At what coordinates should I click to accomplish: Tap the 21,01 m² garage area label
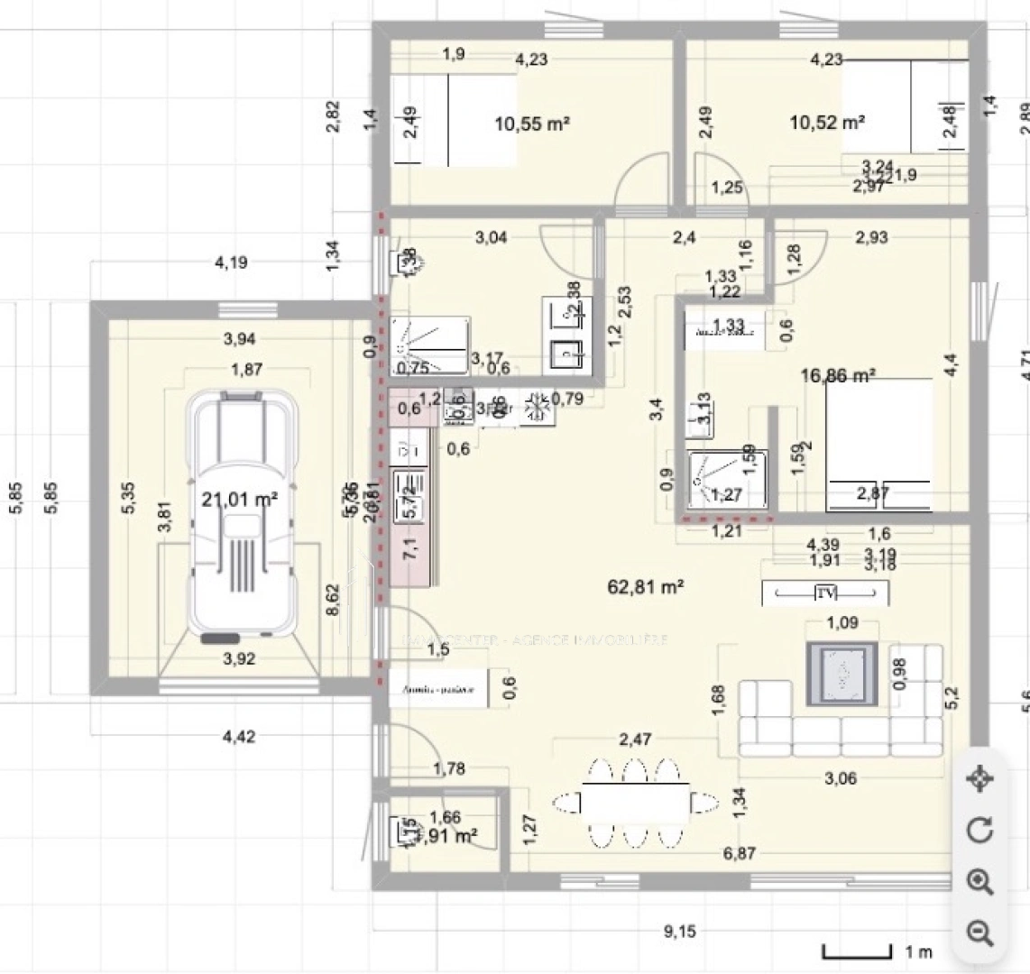pyautogui.click(x=239, y=500)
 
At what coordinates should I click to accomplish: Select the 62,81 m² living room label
pyautogui.click(x=646, y=588)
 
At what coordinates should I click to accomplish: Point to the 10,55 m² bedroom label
pyautogui.click(x=532, y=124)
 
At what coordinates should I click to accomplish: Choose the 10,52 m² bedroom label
pyautogui.click(x=827, y=122)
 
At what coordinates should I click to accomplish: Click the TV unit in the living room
pyautogui.click(x=824, y=593)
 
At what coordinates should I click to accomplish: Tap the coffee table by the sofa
pyautogui.click(x=841, y=674)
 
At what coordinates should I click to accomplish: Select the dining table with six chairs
pyautogui.click(x=635, y=802)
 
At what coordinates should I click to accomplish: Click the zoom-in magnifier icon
pyautogui.click(x=979, y=881)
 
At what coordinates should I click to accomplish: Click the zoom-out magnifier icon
pyautogui.click(x=979, y=932)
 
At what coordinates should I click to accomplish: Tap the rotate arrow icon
pyautogui.click(x=979, y=830)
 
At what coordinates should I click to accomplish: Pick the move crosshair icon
pyautogui.click(x=979, y=777)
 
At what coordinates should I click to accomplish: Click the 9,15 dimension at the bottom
pyautogui.click(x=680, y=932)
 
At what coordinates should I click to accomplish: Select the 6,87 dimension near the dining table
pyautogui.click(x=740, y=853)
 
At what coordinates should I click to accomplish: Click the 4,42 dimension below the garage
pyautogui.click(x=239, y=737)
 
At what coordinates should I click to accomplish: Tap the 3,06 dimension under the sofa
pyautogui.click(x=841, y=779)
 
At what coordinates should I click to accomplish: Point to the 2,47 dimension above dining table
pyautogui.click(x=635, y=740)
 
